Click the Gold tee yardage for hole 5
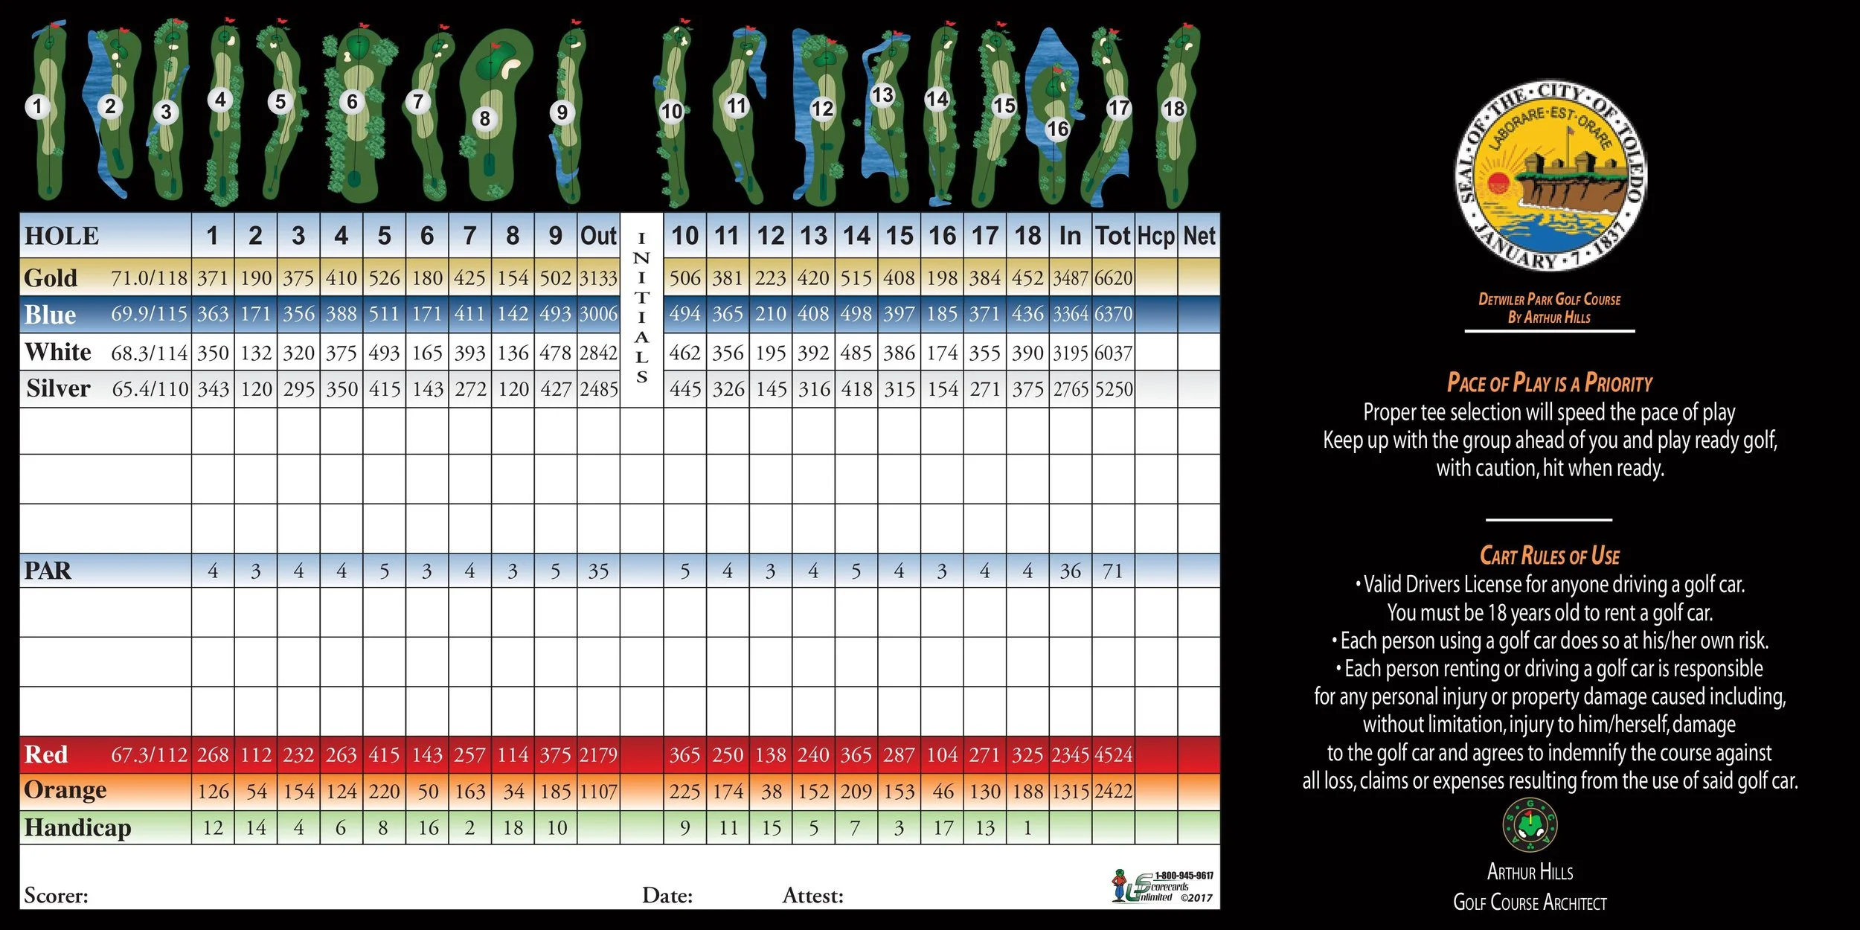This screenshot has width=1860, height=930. click(384, 278)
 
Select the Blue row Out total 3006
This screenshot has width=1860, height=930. click(598, 315)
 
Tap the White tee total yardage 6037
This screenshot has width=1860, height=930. click(1113, 353)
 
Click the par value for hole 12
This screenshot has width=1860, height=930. click(771, 571)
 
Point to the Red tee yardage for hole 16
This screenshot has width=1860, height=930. click(942, 755)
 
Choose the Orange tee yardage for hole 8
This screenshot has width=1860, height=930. click(513, 792)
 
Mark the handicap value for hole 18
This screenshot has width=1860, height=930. click(1027, 828)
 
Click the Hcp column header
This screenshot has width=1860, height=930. click(1155, 237)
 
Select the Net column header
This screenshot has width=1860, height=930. click(1199, 237)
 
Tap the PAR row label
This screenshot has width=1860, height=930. click(48, 571)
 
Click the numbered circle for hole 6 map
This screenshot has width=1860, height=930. click(353, 102)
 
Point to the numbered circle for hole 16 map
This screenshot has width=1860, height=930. click(1057, 129)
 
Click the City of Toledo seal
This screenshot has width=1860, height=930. click(1550, 176)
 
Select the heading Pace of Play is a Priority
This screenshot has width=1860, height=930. click(1549, 383)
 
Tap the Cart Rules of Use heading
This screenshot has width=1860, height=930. click(1549, 556)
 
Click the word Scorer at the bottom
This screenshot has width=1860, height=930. click(56, 896)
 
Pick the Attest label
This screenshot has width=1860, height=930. click(812, 896)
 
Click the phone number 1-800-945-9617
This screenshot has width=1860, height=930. click(1184, 876)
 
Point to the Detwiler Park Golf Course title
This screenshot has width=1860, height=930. click(1549, 300)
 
